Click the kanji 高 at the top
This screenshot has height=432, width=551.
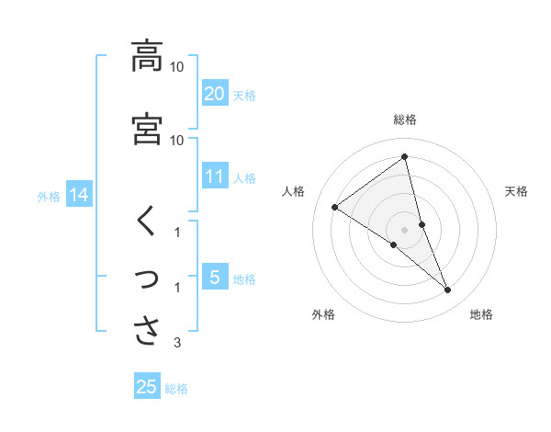[x=147, y=56]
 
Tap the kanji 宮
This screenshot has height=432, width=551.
[x=147, y=129]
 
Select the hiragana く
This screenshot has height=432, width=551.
[x=146, y=222]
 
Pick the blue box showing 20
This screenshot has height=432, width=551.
[x=214, y=93]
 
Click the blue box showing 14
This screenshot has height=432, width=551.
[x=78, y=195]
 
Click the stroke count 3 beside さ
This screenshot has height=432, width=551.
[x=177, y=344]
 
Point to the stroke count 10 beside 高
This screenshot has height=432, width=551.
[x=176, y=67]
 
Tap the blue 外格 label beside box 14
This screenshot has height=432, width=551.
[x=49, y=196]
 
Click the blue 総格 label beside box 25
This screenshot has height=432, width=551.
[x=176, y=388]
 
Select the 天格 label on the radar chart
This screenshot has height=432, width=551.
[x=517, y=191]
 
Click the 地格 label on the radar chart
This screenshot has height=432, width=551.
[x=481, y=314]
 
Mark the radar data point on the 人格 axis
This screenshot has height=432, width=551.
[x=335, y=207]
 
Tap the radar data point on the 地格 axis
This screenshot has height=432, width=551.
[x=447, y=290]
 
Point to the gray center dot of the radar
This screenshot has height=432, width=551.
[x=405, y=229]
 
